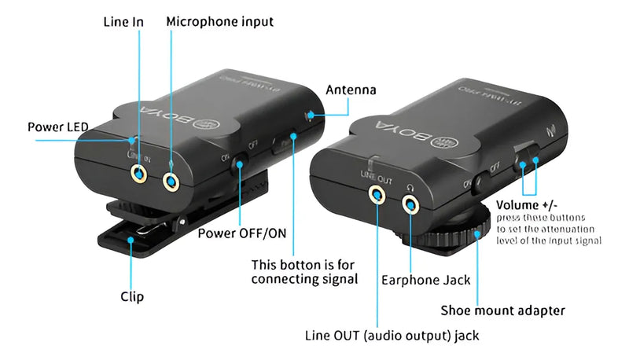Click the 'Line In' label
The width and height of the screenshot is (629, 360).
(123, 22)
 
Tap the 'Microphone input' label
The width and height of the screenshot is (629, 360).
(219, 22)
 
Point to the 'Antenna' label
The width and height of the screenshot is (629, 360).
(351, 90)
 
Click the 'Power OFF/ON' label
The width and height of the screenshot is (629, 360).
(242, 233)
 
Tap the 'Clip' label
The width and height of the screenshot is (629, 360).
(132, 296)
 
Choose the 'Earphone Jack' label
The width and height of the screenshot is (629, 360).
(425, 279)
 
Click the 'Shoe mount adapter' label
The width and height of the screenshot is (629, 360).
(502, 310)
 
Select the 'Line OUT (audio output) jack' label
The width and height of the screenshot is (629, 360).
(392, 336)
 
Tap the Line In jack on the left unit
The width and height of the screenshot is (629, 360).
(141, 174)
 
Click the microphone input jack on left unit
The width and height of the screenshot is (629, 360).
(172, 182)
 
